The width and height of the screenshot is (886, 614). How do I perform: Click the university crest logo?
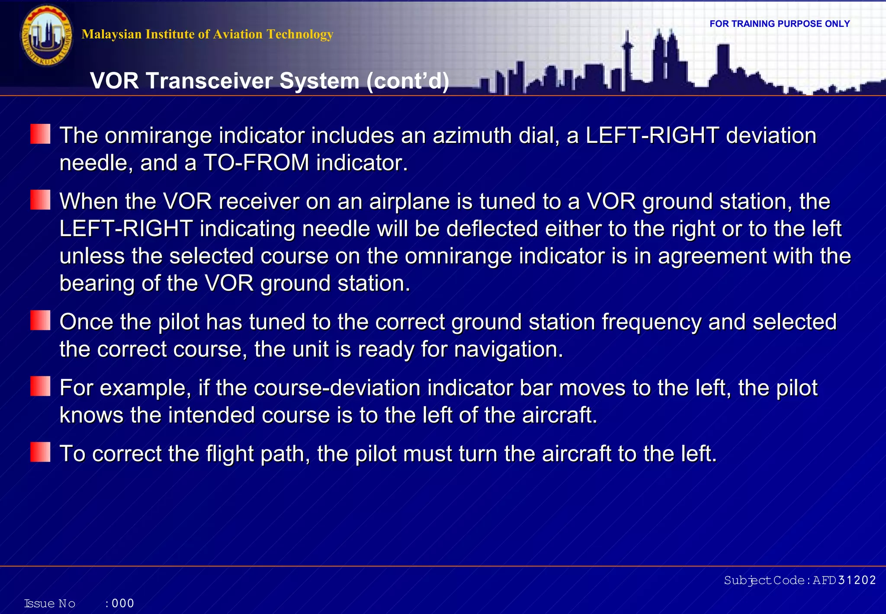47,36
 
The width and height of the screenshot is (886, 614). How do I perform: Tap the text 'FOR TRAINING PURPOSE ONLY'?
780,24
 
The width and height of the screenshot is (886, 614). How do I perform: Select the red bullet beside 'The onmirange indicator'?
40,134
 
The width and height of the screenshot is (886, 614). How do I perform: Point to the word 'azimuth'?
472,136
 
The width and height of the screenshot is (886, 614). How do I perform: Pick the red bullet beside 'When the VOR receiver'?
40,200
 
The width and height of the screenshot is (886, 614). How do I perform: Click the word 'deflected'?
492,229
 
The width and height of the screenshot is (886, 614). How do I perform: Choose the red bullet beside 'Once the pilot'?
40,320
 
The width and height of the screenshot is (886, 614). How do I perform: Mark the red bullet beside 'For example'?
40,386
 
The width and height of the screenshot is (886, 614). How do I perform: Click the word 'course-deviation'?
337,388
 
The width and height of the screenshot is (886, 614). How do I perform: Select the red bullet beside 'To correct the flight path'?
40,452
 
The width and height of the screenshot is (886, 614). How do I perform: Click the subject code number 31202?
857,580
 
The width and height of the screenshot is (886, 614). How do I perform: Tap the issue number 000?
123,603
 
